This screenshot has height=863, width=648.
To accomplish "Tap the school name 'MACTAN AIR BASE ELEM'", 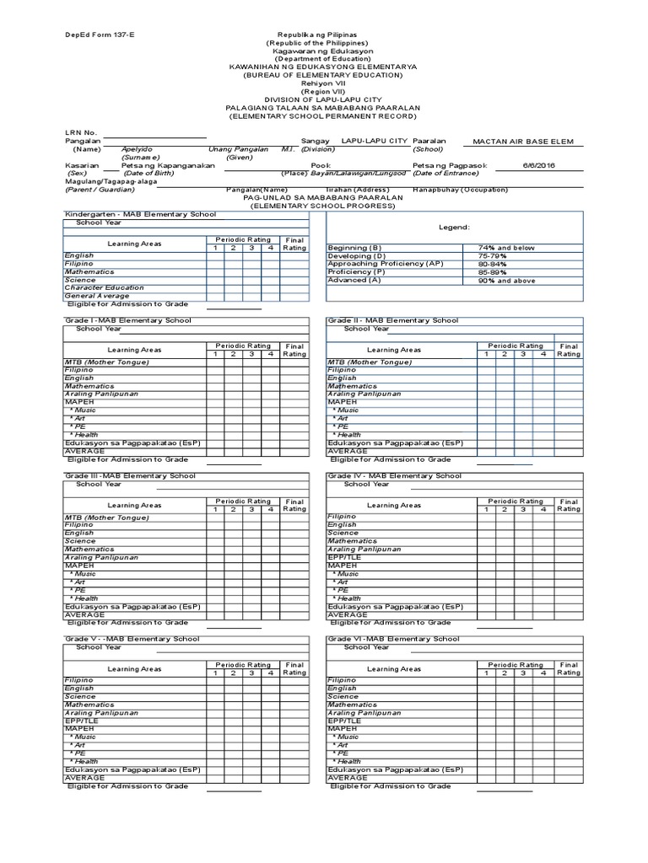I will pos(522,142).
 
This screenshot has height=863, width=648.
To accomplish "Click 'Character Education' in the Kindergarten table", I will pos(104,287).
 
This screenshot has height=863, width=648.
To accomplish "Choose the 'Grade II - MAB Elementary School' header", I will pos(393,320).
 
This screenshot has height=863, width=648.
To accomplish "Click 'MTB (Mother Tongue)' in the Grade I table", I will pos(107,362).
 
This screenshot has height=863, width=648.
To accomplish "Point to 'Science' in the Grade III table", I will pos(79,541).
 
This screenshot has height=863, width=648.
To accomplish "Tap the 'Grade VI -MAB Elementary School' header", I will pos(394,639).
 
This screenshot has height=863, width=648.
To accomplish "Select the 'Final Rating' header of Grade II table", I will pos(569,350).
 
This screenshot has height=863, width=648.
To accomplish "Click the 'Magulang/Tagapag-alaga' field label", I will pos(111,182).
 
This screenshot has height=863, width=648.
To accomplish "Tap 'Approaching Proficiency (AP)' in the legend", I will pos(385,264).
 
